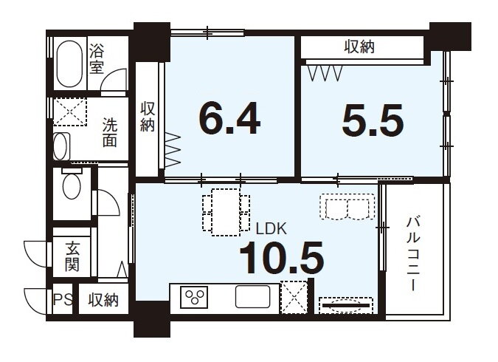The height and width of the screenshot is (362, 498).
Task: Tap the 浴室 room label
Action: (x=97, y=59)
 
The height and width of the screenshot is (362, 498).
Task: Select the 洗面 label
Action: (x=110, y=132)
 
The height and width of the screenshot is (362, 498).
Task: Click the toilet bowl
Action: (x=72, y=185)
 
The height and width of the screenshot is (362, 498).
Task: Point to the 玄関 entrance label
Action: (x=72, y=256)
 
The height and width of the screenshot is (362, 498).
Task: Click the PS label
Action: (x=63, y=299)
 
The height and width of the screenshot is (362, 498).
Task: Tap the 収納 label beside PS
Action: (x=103, y=300)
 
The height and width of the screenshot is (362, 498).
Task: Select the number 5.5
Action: (x=373, y=120)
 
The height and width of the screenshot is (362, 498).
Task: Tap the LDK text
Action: (x=272, y=229)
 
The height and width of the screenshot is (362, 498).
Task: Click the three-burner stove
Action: (x=194, y=297)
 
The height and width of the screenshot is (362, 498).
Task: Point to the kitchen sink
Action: (x=253, y=297)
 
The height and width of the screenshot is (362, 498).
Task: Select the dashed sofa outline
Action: (x=347, y=207)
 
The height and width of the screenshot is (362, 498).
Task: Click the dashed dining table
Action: (x=226, y=212)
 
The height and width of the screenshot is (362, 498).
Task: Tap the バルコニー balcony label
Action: (x=413, y=253)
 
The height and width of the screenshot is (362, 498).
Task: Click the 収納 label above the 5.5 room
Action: (x=359, y=47)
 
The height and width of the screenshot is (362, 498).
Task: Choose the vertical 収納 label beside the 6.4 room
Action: (x=148, y=117)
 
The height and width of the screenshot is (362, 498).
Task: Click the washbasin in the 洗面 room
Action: (x=62, y=146)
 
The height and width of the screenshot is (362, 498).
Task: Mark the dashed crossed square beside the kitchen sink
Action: (x=294, y=297)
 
